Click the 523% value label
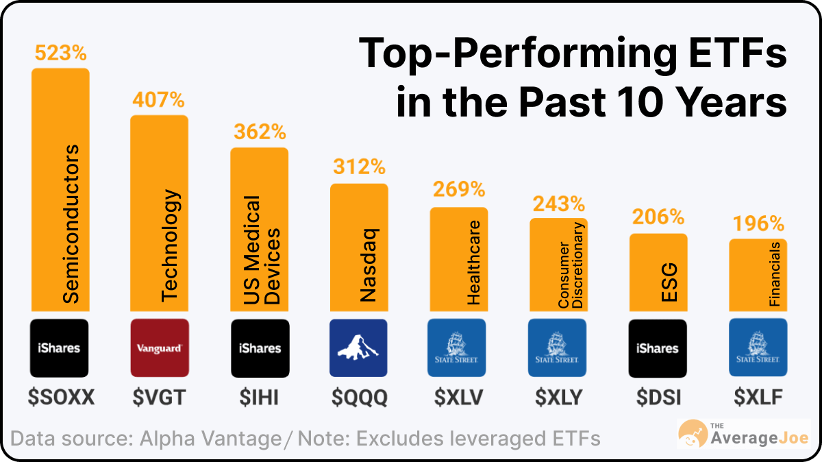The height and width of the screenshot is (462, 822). [x=60, y=53]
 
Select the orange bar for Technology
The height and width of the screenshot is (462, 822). [x=159, y=212]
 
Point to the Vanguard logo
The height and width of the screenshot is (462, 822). [x=159, y=348]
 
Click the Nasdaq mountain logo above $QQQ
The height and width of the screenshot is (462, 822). [x=358, y=348]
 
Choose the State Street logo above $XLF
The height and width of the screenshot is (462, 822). [x=758, y=348]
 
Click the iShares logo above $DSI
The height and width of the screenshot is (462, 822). [x=658, y=348]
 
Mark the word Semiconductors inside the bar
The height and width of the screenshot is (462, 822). [x=71, y=223]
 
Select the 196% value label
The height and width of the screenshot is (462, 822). [x=758, y=224]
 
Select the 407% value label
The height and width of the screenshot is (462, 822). [x=159, y=101]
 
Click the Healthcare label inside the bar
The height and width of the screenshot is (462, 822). [x=473, y=263]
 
